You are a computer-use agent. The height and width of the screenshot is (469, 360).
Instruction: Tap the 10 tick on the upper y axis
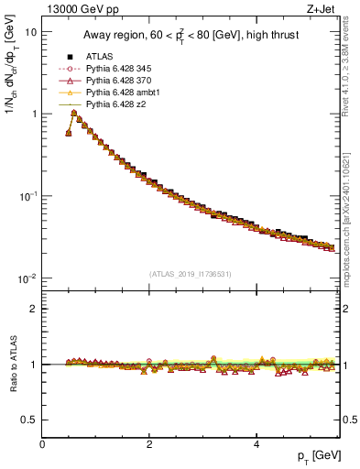pyautogui.click(x=29, y=32)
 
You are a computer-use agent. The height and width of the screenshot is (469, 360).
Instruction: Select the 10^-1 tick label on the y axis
pyautogui.click(x=27, y=196)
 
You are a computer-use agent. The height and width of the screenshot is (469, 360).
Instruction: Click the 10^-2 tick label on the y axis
pyautogui.click(x=27, y=278)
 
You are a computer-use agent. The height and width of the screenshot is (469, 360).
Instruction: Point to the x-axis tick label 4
pyautogui.click(x=256, y=444)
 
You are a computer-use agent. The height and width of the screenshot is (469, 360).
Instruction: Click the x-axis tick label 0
pyautogui.click(x=43, y=444)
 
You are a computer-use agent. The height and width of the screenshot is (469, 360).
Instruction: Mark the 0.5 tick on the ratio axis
pyautogui.click(x=30, y=420)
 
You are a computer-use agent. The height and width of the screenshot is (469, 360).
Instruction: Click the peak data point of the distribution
pyautogui.click(x=74, y=113)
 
